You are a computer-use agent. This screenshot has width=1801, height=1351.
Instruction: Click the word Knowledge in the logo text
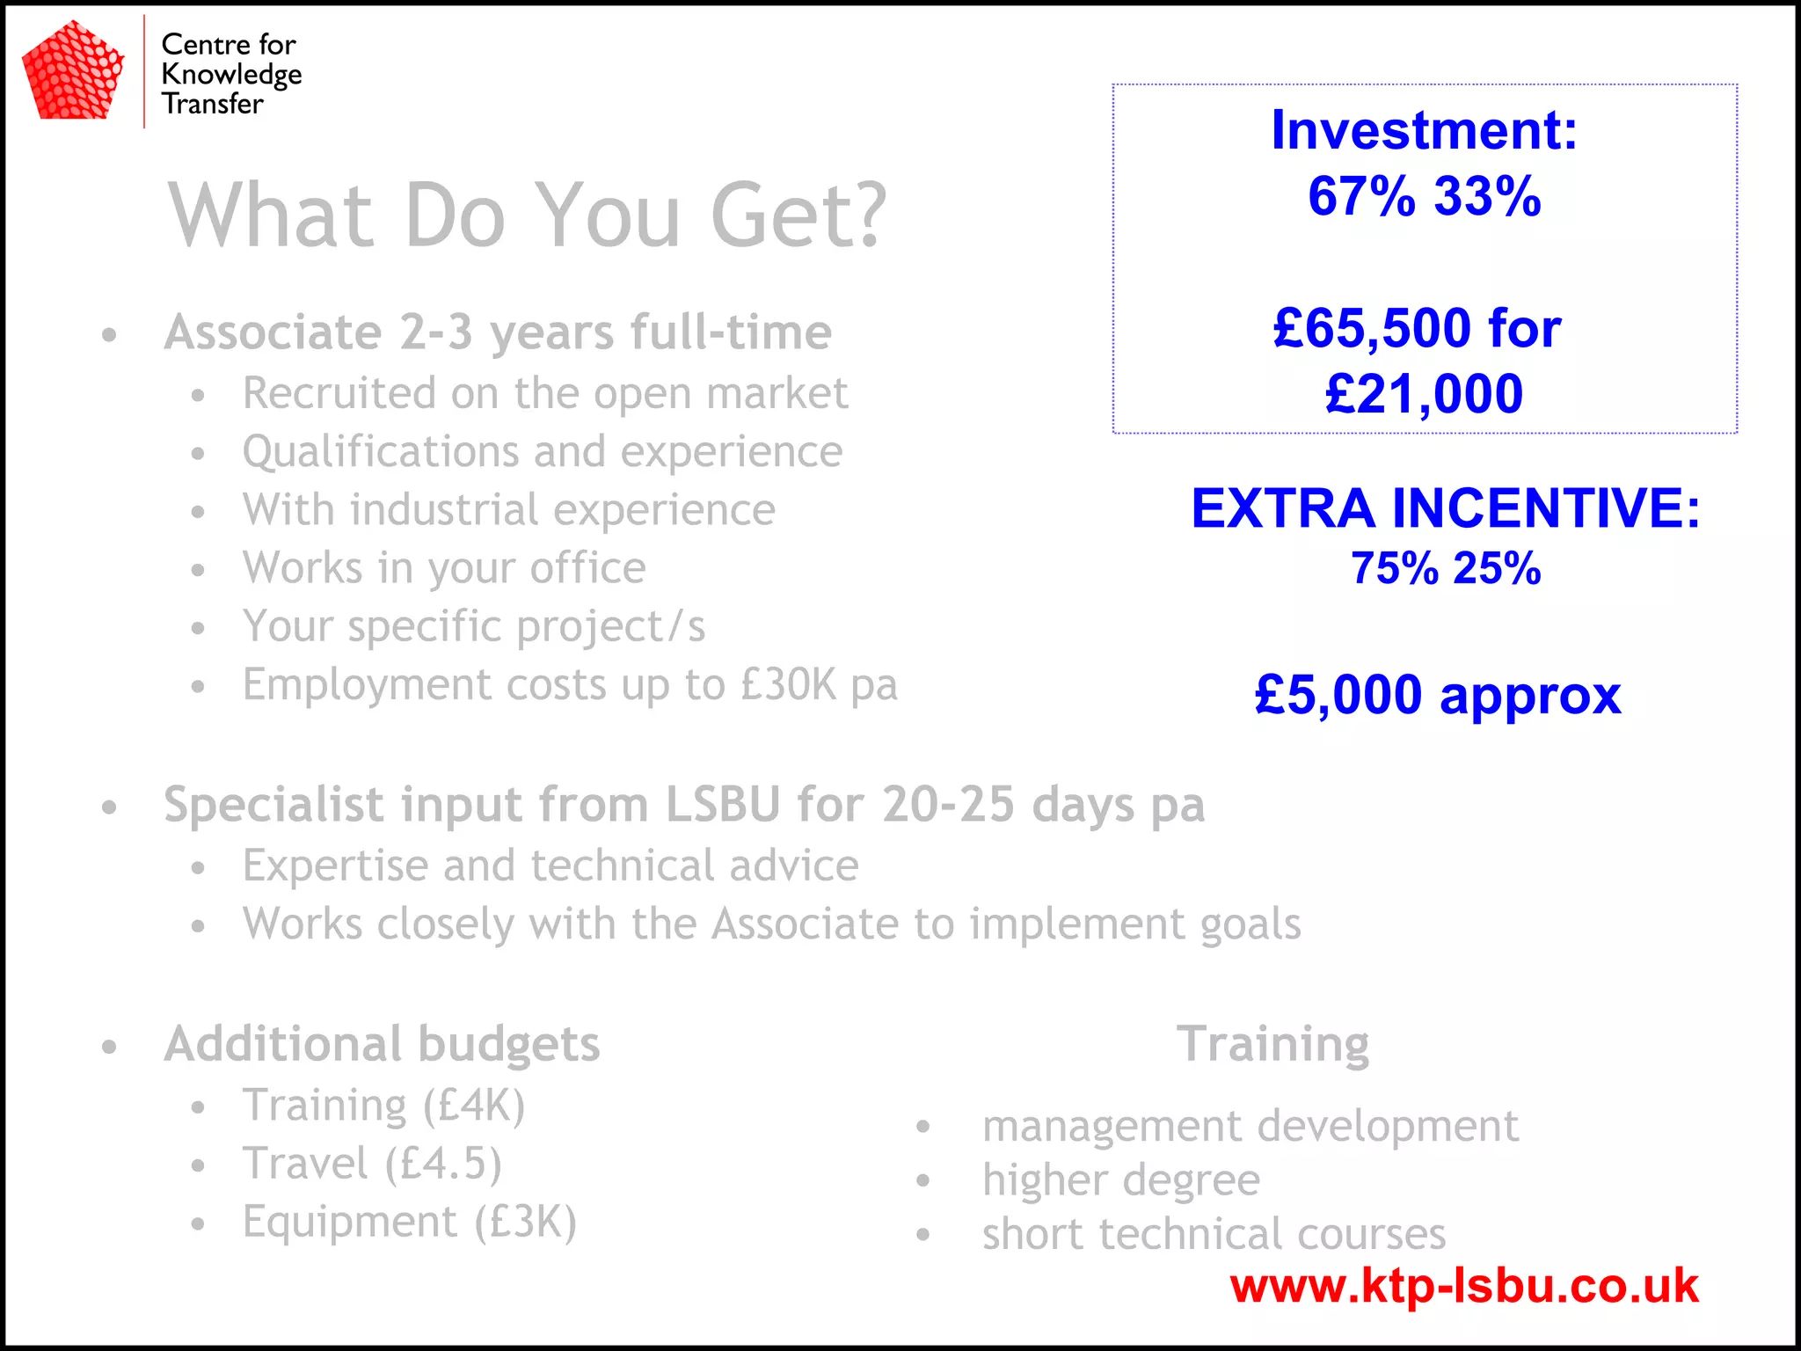(x=231, y=75)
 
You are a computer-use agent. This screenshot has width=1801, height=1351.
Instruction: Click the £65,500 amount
(x=1372, y=328)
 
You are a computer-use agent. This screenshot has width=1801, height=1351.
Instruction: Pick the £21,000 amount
(x=1424, y=393)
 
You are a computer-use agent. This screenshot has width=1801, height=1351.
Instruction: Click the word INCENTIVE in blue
(x=1546, y=508)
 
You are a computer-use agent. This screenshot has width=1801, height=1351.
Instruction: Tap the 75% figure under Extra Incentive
(x=1395, y=568)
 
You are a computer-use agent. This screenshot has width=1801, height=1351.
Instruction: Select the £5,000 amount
(x=1338, y=695)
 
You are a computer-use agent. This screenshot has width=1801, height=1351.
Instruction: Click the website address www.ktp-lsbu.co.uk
(x=1464, y=1286)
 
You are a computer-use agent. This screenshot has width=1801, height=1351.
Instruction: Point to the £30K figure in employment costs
(x=789, y=684)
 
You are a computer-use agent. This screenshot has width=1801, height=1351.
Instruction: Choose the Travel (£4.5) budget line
(x=372, y=1164)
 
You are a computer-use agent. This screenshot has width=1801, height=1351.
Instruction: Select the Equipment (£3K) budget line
(x=409, y=1222)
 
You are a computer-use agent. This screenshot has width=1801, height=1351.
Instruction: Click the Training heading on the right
(x=1272, y=1044)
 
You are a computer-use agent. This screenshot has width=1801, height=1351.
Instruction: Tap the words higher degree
(x=1121, y=1179)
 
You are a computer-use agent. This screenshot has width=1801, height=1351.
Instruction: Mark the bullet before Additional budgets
(x=109, y=1047)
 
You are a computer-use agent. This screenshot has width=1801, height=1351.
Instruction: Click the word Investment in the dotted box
(x=1424, y=130)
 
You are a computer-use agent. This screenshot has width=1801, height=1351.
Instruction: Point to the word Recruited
(x=339, y=393)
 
